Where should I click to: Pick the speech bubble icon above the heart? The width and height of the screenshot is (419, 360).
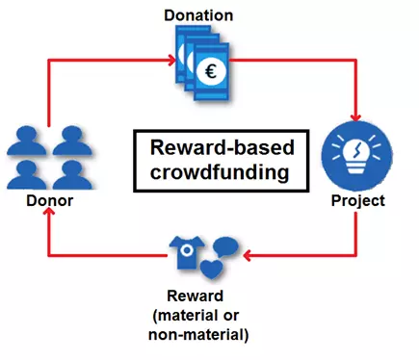coord(226,245)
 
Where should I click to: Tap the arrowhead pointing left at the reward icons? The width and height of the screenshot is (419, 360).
coord(248,257)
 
